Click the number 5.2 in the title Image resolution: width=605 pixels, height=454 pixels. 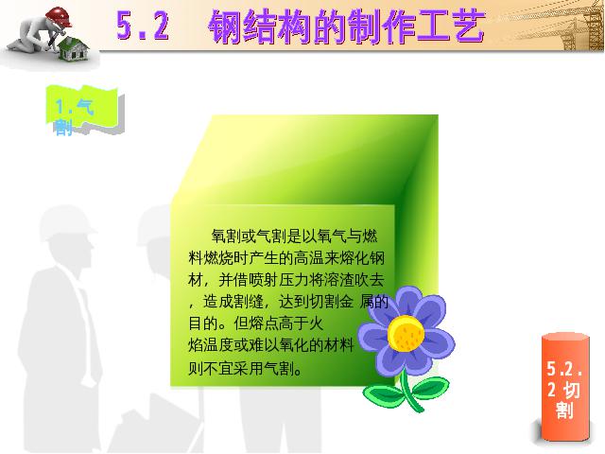point(143,26)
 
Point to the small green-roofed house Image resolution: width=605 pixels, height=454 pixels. point(74,49)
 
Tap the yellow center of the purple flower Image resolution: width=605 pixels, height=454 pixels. point(406,333)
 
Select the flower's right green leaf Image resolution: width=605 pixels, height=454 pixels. point(430,387)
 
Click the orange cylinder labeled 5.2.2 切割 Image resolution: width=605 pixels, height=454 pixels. point(565,387)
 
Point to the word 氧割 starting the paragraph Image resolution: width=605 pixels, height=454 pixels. point(226,236)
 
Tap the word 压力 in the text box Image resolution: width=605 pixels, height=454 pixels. point(294,280)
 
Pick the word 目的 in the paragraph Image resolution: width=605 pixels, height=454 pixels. point(203,323)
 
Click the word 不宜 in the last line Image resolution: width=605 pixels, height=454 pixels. point(218,369)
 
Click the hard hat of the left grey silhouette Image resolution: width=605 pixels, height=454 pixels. point(66,223)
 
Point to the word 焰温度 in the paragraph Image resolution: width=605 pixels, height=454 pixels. point(211,345)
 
